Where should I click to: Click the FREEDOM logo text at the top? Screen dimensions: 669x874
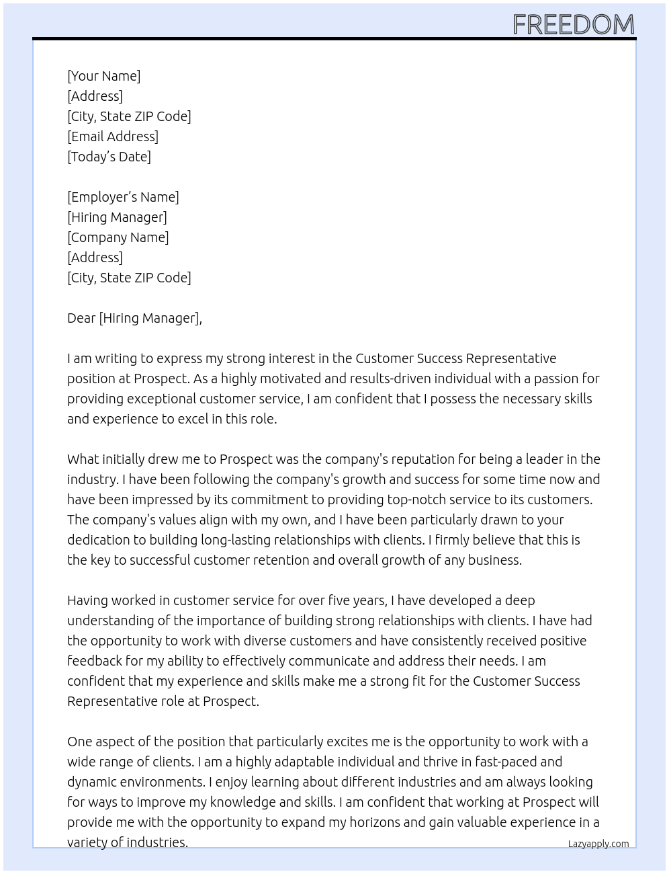click(573, 24)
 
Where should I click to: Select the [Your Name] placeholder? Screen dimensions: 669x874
click(103, 76)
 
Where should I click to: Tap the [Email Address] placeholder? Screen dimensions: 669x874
click(113, 136)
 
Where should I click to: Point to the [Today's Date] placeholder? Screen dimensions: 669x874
click(109, 157)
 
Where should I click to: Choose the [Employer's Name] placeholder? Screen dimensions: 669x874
click(123, 197)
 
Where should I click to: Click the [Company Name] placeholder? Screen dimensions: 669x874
click(118, 237)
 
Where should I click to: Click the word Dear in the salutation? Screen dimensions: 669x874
click(81, 318)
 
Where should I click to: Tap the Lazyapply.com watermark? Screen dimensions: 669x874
click(598, 844)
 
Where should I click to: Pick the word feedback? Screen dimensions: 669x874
click(94, 661)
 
